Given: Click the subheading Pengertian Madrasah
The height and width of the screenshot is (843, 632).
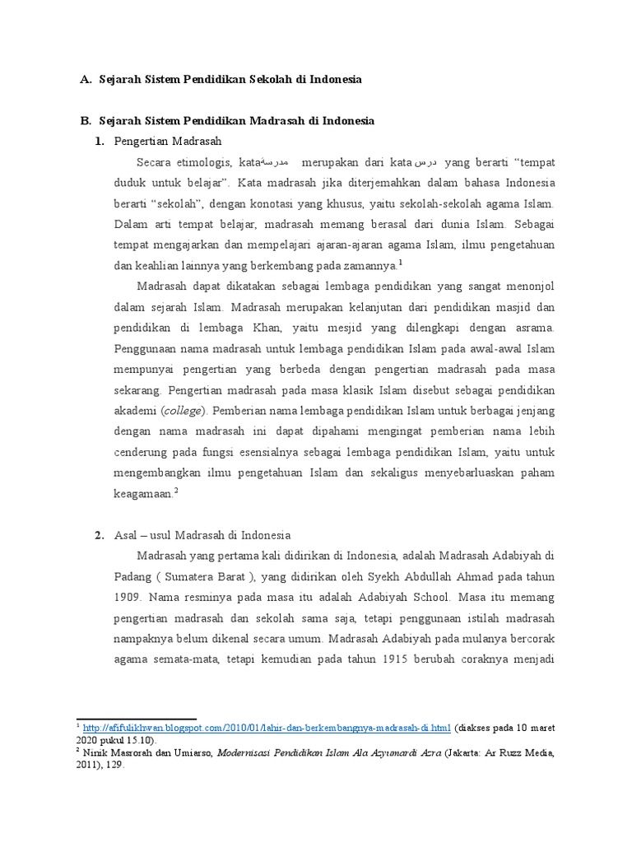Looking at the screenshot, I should [x=169, y=142].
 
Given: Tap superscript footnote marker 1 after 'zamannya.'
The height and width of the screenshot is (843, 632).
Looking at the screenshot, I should [x=401, y=263].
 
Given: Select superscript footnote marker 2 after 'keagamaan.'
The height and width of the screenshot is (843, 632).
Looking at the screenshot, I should [x=176, y=491].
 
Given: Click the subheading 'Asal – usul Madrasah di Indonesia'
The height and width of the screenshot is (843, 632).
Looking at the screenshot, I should [x=202, y=534].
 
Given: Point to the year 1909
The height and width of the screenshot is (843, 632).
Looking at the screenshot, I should [x=128, y=595].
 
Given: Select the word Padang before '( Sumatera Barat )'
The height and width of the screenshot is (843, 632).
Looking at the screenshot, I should [x=132, y=575].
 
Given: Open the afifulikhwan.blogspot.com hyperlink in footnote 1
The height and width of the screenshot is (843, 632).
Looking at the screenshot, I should [x=266, y=728].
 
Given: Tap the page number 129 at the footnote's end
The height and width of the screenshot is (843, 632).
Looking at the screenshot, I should [x=113, y=764].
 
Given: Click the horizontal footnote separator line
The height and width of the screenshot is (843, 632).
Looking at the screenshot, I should [x=136, y=719].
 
